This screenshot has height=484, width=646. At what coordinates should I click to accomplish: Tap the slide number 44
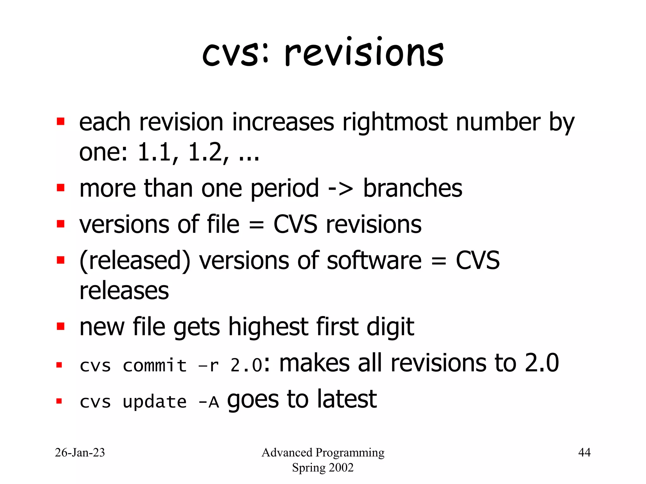(x=584, y=452)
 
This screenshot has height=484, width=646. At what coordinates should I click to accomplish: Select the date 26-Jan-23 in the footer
(x=80, y=452)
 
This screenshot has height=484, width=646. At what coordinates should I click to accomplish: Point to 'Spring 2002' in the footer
(x=323, y=468)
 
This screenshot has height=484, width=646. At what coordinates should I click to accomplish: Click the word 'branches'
(x=413, y=188)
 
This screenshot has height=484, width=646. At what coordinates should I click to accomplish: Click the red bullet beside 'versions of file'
(x=61, y=224)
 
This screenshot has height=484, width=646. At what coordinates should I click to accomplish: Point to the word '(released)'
(x=135, y=261)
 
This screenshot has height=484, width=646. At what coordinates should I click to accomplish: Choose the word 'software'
(x=374, y=261)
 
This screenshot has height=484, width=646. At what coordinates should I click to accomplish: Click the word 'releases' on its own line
(x=124, y=291)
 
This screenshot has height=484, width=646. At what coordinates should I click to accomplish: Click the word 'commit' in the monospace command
(x=155, y=366)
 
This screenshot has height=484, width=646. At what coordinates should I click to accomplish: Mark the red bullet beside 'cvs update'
(x=59, y=401)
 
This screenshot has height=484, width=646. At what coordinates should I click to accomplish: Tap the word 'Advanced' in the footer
(x=287, y=452)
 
